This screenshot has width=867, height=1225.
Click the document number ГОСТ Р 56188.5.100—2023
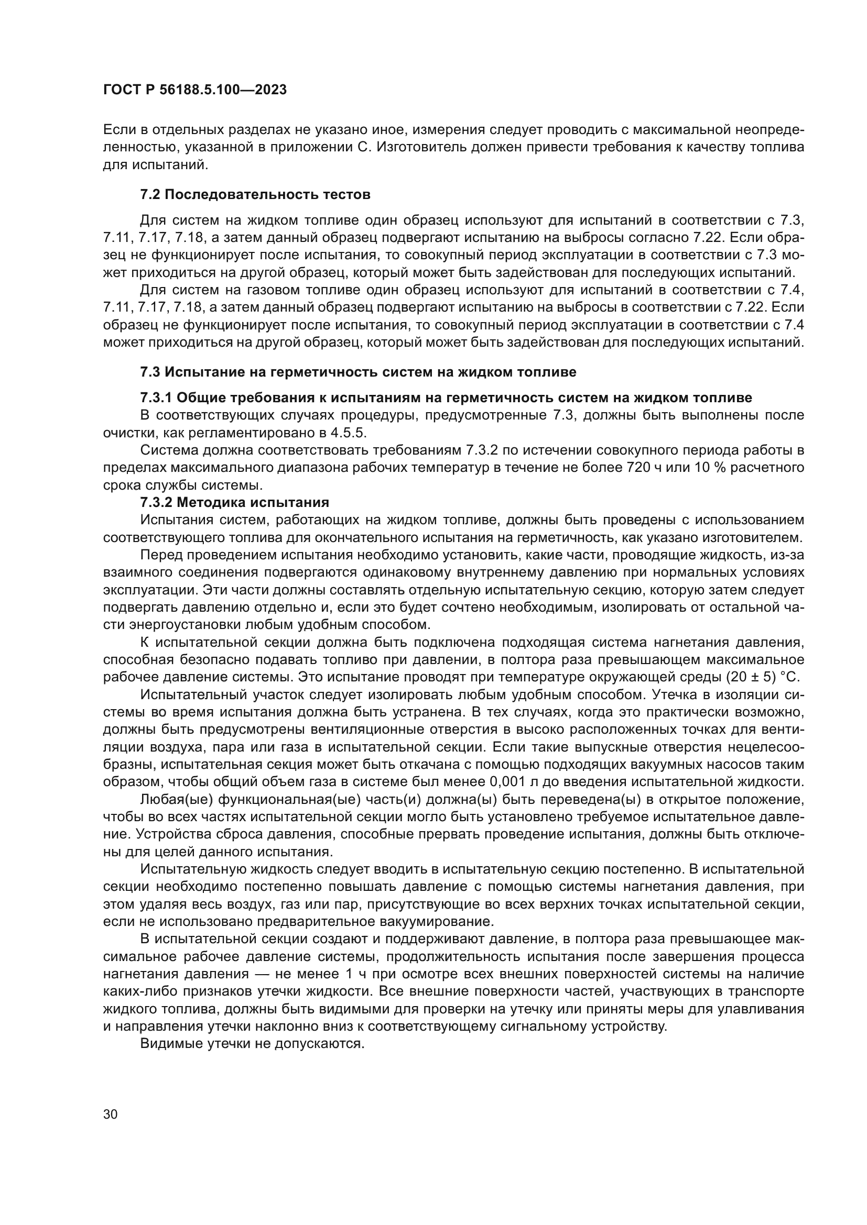click(x=195, y=90)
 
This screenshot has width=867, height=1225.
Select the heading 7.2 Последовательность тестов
click(x=255, y=195)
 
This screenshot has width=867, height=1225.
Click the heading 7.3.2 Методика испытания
click(x=235, y=503)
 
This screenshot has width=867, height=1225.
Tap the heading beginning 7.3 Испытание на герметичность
click(x=358, y=372)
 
